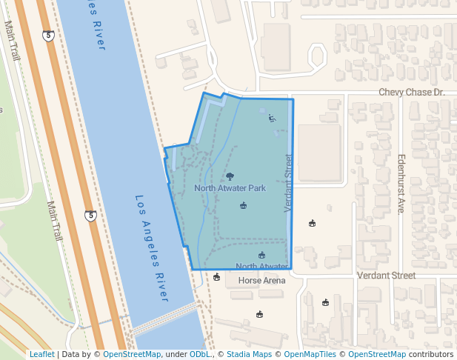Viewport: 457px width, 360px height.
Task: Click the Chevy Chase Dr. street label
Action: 411,93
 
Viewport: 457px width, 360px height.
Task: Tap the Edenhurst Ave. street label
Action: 401,184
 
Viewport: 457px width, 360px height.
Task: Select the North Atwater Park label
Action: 230,188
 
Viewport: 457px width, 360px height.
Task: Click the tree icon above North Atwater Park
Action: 230,176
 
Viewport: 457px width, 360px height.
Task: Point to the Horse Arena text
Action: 261,281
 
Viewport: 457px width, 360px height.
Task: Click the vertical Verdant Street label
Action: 288,182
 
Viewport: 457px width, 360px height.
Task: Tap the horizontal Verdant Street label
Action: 386,276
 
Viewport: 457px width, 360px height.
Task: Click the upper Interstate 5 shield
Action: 48,36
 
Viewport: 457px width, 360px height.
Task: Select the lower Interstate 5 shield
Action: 90,216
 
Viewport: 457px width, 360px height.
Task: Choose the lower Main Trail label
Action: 54,221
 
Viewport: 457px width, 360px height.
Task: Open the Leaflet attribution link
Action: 41,354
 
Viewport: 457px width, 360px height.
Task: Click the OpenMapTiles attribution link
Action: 311,354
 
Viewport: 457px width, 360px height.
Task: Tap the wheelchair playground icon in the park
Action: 272,117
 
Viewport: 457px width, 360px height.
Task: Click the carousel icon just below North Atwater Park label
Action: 243,205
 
